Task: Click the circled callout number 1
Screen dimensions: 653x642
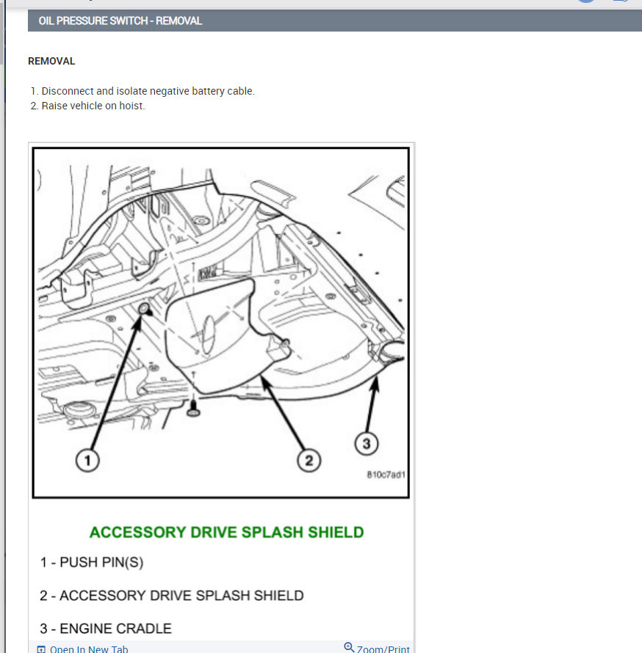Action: click(x=87, y=461)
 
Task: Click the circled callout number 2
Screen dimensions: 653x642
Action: click(x=309, y=461)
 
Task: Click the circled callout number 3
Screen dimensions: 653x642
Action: click(x=367, y=442)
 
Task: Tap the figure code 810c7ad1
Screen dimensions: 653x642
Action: click(x=386, y=475)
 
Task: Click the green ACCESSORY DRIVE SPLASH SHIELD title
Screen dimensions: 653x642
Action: click(x=226, y=532)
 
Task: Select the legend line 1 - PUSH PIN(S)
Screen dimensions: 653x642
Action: click(x=92, y=563)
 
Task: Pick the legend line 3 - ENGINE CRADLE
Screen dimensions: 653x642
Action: click(x=106, y=629)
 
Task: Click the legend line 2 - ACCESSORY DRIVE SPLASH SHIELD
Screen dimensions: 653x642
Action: click(x=171, y=596)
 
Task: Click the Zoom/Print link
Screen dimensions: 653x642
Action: click(x=383, y=649)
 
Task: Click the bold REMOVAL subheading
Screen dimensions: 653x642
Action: click(x=51, y=62)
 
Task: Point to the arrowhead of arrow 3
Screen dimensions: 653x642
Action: click(x=377, y=381)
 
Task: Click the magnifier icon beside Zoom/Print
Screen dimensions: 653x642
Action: click(x=349, y=647)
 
